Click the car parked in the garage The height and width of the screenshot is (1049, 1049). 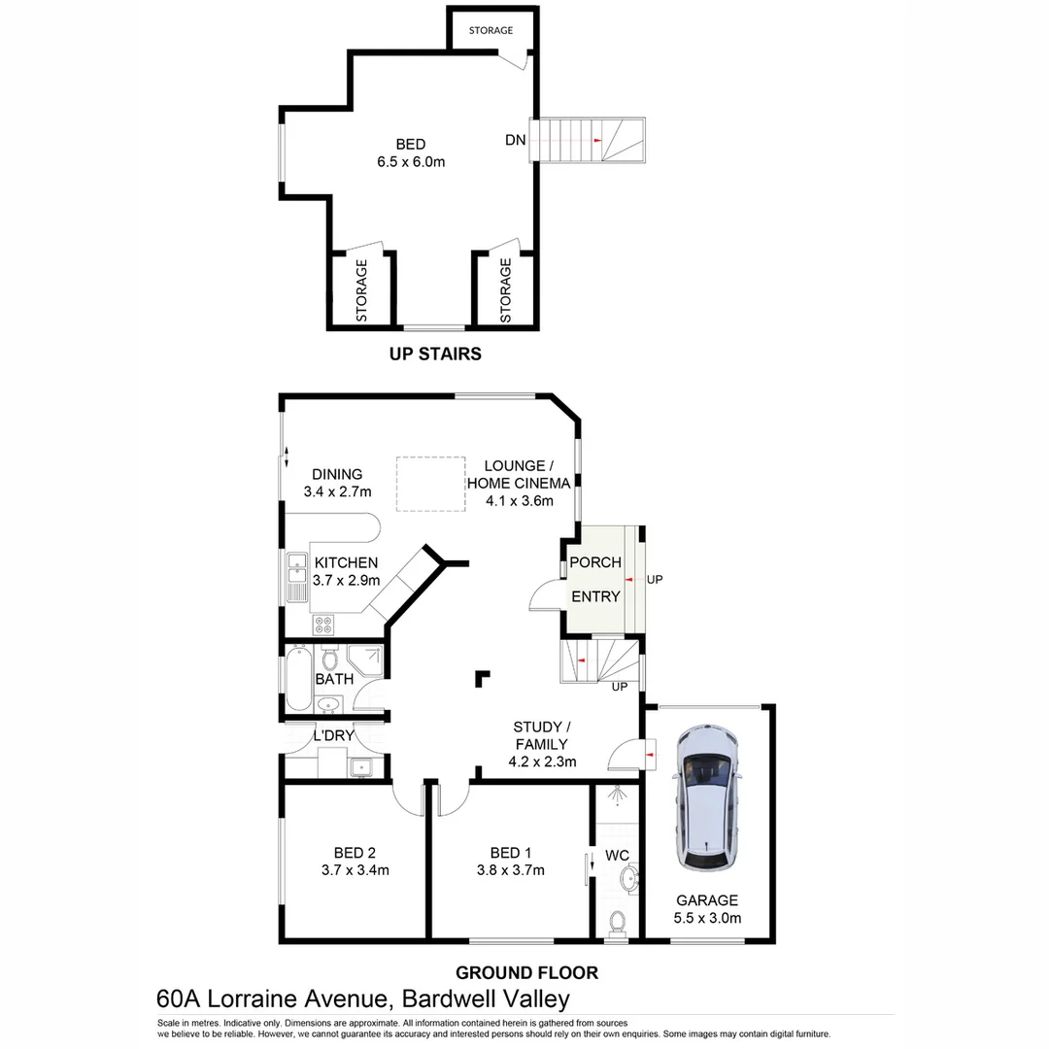point(709,798)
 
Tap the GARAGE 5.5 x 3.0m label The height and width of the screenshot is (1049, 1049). point(707,909)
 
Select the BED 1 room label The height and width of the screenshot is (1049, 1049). point(510,862)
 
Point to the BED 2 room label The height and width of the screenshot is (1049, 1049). point(355,862)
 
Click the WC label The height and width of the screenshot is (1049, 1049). point(618,856)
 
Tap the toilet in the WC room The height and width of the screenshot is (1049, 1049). point(617,921)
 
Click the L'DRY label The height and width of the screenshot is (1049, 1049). point(333,735)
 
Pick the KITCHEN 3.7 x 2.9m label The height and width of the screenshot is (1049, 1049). point(346,571)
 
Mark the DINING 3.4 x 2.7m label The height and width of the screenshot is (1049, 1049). point(337,484)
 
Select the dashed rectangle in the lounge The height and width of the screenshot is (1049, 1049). point(429,483)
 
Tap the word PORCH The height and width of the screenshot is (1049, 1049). point(594,562)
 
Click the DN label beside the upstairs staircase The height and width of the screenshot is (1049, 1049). point(515,140)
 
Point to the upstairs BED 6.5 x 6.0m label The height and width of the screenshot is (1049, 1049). point(411,153)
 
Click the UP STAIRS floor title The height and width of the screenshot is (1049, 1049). point(435,354)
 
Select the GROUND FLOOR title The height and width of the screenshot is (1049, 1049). point(526,972)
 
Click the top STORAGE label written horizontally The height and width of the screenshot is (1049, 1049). point(491,31)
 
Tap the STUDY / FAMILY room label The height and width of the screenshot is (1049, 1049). point(542,744)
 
